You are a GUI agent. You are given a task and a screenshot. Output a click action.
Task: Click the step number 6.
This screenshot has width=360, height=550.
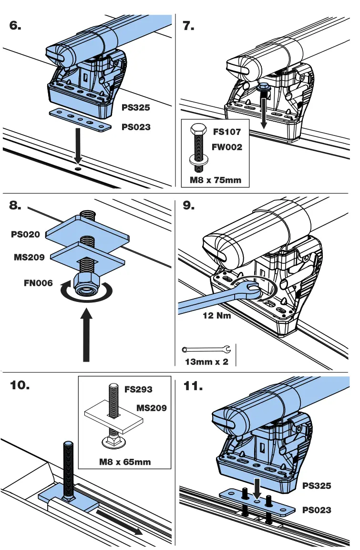click(16, 26)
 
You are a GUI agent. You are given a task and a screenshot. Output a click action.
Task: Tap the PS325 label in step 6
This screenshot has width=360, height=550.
click(136, 108)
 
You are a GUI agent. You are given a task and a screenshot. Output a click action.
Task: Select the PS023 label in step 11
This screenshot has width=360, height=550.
click(317, 510)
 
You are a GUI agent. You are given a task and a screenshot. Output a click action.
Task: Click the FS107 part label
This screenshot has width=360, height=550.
click(227, 132)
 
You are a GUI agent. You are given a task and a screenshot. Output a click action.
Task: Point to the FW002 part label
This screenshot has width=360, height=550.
click(227, 147)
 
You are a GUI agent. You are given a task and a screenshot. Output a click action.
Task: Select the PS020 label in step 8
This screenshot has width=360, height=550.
click(26, 235)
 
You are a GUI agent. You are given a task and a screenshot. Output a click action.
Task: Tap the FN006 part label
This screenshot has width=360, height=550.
click(38, 282)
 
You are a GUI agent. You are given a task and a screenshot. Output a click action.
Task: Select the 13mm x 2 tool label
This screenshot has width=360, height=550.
click(206, 362)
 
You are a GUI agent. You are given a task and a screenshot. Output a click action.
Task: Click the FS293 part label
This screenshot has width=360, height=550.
click(138, 389)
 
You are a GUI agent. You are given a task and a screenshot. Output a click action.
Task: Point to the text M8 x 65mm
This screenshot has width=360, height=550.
click(125, 462)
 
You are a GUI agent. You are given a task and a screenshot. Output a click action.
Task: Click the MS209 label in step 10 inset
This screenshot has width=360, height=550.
click(151, 408)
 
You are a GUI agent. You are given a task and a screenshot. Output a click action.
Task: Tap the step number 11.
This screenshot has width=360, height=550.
click(194, 386)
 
